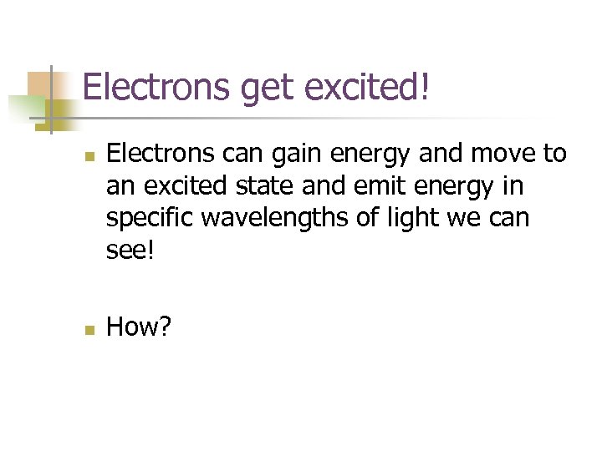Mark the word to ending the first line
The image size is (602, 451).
point(554,155)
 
